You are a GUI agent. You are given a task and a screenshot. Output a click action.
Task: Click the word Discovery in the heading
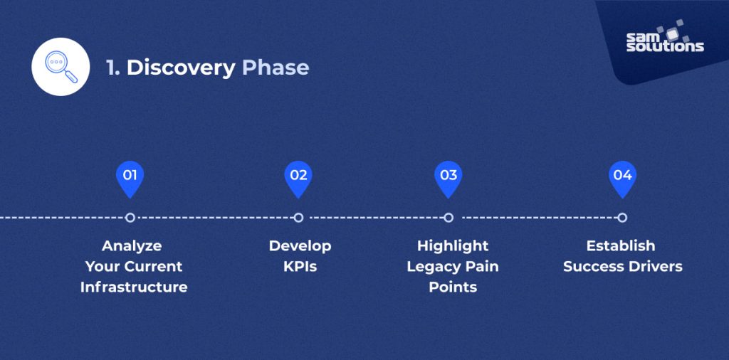(181, 68)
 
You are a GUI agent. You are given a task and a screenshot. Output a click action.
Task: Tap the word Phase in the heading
(276, 68)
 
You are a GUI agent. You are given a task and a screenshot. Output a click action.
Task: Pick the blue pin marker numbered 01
(130, 177)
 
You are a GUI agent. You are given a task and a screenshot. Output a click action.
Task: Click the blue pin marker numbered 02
(298, 177)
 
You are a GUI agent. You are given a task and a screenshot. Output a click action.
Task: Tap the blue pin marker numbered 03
(448, 177)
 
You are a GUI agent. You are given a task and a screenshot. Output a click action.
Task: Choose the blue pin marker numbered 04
(622, 177)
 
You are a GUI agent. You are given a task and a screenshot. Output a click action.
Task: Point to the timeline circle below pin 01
(130, 218)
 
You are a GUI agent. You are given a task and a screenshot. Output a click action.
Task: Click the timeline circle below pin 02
(298, 218)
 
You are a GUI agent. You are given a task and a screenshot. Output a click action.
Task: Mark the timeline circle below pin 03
(448, 218)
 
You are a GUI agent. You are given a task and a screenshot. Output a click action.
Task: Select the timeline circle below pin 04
(622, 218)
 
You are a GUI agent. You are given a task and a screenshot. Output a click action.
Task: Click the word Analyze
(132, 246)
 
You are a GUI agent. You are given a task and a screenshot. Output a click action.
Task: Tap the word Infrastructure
(134, 287)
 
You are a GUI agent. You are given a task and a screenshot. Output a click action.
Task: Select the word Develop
(300, 246)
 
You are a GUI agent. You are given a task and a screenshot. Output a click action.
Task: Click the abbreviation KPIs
(300, 267)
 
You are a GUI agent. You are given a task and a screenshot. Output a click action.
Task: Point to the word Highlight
(453, 246)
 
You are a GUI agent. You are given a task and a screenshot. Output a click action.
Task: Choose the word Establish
(621, 246)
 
